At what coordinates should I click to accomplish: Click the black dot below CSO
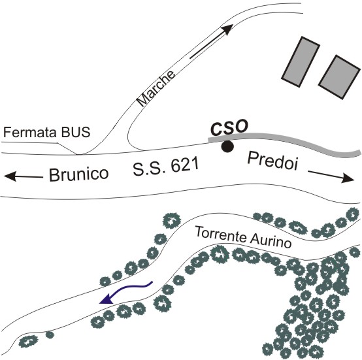pyautogui.click(x=227, y=146)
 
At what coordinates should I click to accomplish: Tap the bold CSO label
pyautogui.click(x=229, y=127)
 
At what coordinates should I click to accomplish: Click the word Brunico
pyautogui.click(x=78, y=174)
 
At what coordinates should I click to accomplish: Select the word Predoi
pyautogui.click(x=272, y=161)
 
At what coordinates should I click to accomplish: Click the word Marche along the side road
pyautogui.click(x=156, y=88)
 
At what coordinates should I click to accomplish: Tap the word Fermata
pyautogui.click(x=30, y=132)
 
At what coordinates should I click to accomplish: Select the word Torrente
pyautogui.click(x=220, y=235)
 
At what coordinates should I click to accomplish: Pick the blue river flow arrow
pyautogui.click(x=125, y=292)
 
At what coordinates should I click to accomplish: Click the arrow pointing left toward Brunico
pyautogui.click(x=24, y=176)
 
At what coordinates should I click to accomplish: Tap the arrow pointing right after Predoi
pyautogui.click(x=331, y=176)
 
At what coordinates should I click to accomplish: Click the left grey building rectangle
pyautogui.click(x=301, y=61)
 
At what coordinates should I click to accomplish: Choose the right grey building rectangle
pyautogui.click(x=339, y=77)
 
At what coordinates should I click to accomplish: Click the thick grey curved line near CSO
pyautogui.click(x=285, y=140)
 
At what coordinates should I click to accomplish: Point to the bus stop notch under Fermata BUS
pyautogui.click(x=67, y=148)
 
